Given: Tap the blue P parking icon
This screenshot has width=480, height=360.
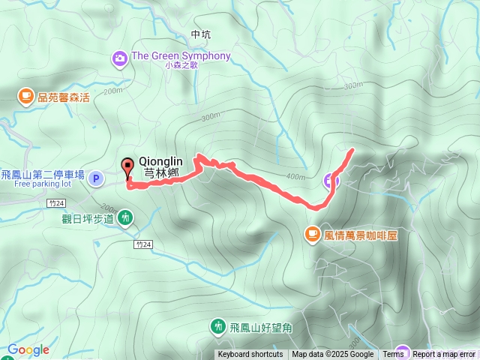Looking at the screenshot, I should pos(96,178).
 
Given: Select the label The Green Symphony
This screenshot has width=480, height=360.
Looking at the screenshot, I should pos(181,56).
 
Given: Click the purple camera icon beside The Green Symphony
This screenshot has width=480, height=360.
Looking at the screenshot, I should pos(119,57).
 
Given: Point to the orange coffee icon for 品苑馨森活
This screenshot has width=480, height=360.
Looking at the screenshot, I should pos(26,96).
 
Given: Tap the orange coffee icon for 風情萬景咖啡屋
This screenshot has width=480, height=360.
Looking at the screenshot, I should pos(311,235).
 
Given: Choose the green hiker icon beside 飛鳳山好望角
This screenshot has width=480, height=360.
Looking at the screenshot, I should pos(217,326).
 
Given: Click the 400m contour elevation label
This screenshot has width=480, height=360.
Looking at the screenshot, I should pos(295,177).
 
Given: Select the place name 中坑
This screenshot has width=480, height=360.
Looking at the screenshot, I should pos(201,34).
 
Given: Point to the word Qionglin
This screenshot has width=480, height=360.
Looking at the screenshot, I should pos(161,160).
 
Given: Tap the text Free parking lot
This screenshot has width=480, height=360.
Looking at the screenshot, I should pos(42,183).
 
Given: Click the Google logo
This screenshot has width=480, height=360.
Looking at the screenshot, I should pos(28,349).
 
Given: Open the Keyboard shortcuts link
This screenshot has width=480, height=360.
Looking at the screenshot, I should pos(250,355).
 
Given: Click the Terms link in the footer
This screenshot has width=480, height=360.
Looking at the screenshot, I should pos(393,355).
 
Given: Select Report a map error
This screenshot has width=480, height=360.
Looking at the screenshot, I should pos(444,355).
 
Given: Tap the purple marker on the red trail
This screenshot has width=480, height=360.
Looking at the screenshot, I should pos(331,180).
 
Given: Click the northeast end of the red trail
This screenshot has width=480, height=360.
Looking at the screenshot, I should pos(352,150).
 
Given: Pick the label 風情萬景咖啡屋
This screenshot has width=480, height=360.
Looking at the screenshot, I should pos(360,235).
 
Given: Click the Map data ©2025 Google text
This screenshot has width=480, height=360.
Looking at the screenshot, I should pos(332,355).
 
